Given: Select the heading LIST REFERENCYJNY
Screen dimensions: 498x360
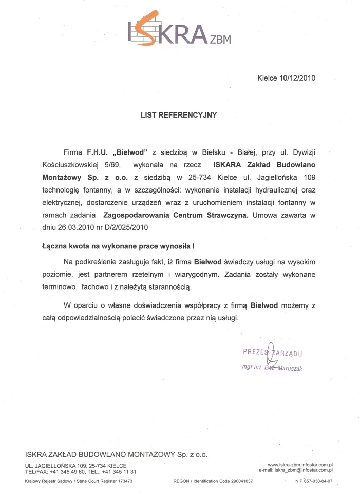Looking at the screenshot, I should [179, 115].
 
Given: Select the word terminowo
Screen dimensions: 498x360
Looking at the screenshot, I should [59, 286].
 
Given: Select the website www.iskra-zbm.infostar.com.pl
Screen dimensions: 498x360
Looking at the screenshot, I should [300, 464].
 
